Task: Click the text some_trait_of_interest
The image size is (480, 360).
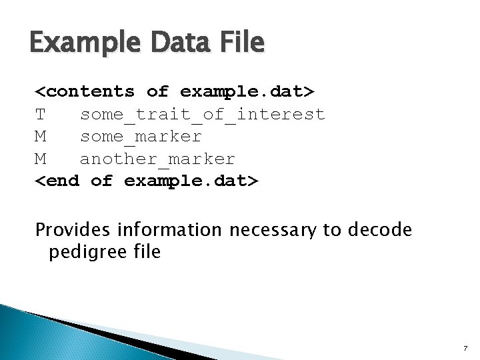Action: click(202, 115)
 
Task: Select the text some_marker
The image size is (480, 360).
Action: click(141, 137)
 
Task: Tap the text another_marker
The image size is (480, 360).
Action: click(157, 159)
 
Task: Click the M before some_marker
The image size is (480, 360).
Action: click(41, 137)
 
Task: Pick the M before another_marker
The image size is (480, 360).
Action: click(41, 159)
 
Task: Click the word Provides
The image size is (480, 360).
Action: click(71, 230)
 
